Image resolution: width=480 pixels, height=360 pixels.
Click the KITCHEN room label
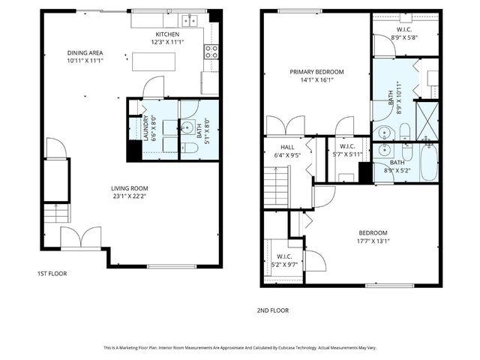click(167, 35)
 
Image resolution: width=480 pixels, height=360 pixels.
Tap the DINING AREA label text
click(83, 53)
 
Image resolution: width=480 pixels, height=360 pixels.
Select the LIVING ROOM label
click(130, 188)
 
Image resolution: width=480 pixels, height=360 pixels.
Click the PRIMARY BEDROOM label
click(317, 72)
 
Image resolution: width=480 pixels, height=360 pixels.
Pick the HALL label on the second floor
click(287, 148)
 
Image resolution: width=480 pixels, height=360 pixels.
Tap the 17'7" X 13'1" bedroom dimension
click(372, 241)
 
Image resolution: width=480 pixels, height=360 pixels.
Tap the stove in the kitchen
click(211, 52)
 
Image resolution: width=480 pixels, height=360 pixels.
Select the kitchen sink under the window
click(188, 20)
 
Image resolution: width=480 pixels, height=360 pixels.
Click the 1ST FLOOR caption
click(52, 274)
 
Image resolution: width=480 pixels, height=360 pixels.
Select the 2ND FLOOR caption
click(274, 310)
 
